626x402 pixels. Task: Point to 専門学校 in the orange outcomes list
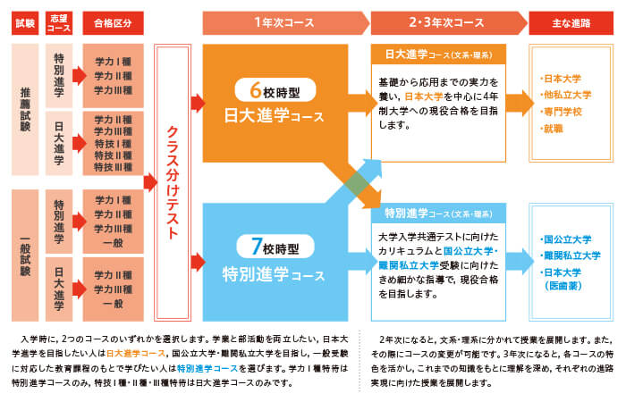coord(563,113)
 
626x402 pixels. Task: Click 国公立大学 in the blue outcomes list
coord(569,239)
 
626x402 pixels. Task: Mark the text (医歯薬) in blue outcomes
coord(567,285)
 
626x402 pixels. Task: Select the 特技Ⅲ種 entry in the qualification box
coord(113,166)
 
